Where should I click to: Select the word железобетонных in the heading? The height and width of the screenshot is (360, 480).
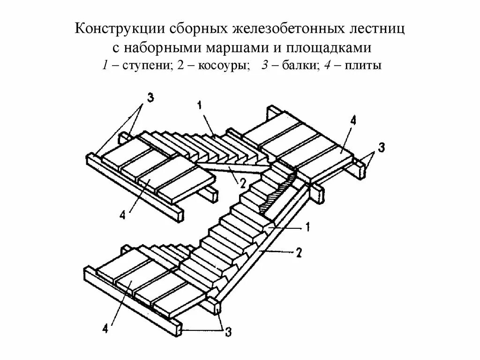point(278,30)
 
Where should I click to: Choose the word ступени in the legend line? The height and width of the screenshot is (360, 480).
point(148,66)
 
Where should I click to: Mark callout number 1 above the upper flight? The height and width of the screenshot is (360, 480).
point(200,106)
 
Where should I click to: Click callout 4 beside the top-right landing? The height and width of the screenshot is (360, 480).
point(353,121)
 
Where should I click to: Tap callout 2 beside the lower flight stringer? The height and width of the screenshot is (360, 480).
point(298,253)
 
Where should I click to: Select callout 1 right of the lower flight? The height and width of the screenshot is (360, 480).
point(307,228)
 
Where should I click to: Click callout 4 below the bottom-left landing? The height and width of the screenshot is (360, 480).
point(106,329)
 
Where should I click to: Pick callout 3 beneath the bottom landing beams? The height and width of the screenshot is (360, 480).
point(228,332)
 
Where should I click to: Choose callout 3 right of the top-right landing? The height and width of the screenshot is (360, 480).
point(382,149)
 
